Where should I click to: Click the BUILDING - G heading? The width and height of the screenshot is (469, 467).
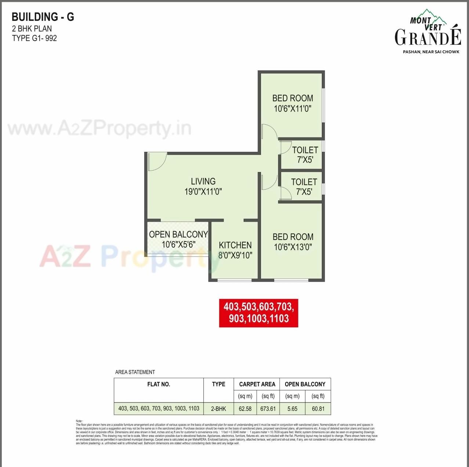(43, 17)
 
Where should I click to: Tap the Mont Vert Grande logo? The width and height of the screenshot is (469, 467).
(428, 32)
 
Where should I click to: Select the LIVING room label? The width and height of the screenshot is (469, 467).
(203, 181)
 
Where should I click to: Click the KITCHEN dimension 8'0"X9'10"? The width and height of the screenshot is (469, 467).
(235, 255)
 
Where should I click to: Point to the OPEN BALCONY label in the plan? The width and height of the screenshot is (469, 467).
(178, 234)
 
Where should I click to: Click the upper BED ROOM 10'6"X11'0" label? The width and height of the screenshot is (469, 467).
(292, 103)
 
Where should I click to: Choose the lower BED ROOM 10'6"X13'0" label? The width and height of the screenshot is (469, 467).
(293, 242)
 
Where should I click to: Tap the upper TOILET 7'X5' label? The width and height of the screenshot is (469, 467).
(305, 154)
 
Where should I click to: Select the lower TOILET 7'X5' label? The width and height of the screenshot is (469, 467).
(304, 186)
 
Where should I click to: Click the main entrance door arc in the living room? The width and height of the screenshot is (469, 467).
(157, 162)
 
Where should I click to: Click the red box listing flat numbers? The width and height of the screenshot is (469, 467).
(259, 312)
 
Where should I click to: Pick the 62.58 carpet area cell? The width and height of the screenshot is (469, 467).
(245, 408)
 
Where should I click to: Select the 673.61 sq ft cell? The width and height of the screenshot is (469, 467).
(268, 408)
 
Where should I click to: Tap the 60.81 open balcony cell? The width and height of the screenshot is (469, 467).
(318, 408)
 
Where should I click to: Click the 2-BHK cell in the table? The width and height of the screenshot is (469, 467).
(218, 408)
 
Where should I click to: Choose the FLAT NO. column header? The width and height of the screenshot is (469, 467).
(159, 384)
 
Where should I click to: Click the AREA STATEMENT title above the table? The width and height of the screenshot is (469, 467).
(135, 372)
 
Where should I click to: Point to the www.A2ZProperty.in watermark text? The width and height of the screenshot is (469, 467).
(99, 128)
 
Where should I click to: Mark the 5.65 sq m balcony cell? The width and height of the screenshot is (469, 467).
(292, 408)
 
